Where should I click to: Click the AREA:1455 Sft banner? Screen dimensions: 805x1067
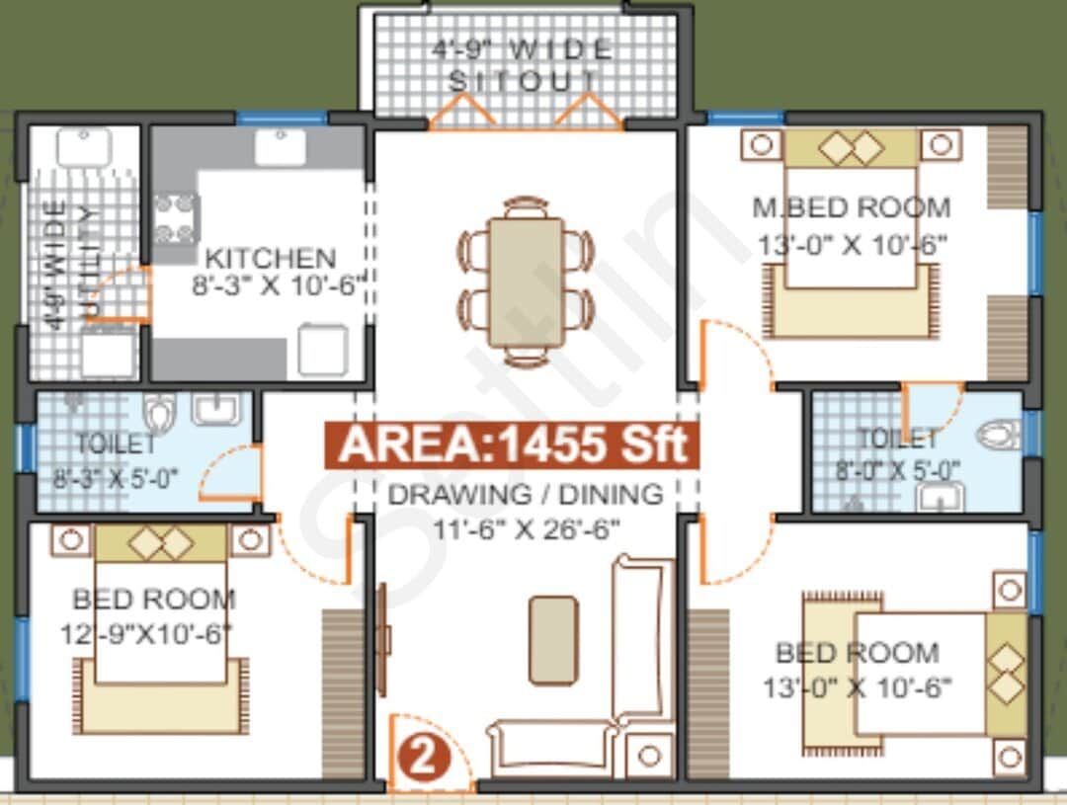click(x=512, y=445)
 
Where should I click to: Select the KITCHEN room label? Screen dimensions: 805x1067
click(x=270, y=259)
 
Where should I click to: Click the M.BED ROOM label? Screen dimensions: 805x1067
click(x=851, y=208)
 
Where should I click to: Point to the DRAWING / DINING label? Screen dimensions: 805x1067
click(x=525, y=494)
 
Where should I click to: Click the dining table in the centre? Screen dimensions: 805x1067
click(x=526, y=282)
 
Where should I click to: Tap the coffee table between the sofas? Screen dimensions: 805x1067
click(x=552, y=640)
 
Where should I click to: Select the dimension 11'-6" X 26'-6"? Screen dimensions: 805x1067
click(x=526, y=528)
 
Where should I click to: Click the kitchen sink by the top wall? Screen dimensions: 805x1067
click(x=280, y=147)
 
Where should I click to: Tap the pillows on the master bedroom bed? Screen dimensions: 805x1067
click(x=851, y=148)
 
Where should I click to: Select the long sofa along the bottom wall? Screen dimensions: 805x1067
click(x=551, y=746)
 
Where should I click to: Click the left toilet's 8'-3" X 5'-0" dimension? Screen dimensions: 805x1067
click(x=116, y=478)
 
